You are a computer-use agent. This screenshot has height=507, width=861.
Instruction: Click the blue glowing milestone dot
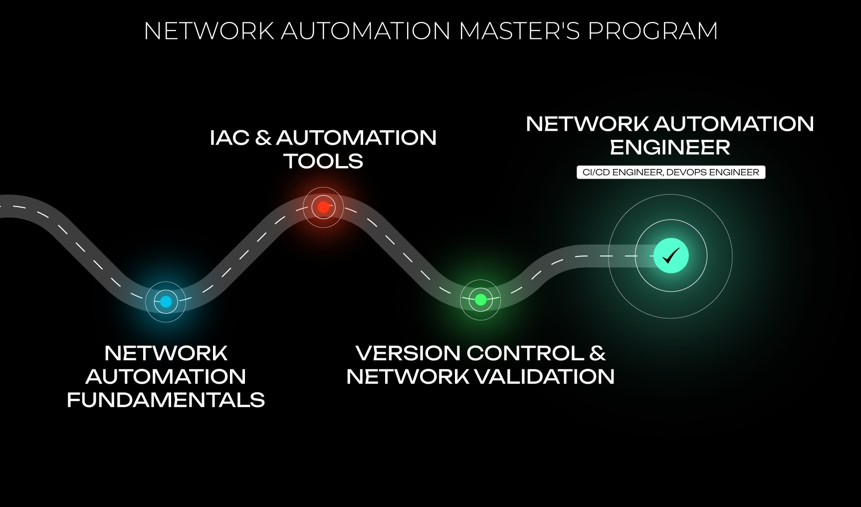tap(166, 301)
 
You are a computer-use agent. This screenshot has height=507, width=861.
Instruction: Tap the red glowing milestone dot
tap(323, 207)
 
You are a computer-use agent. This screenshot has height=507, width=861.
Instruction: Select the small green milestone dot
tap(480, 299)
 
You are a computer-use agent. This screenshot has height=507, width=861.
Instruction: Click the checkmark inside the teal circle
tap(671, 256)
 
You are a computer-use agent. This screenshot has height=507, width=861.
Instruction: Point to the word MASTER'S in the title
tap(519, 31)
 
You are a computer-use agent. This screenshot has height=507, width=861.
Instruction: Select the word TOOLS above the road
tap(323, 161)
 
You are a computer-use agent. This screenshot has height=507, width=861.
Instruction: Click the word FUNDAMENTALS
tap(166, 400)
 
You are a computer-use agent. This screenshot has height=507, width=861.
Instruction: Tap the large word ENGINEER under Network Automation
tap(670, 147)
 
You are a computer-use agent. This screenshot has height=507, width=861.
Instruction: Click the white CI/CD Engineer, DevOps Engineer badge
tap(670, 172)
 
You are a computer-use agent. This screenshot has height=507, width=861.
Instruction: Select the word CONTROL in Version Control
tap(525, 353)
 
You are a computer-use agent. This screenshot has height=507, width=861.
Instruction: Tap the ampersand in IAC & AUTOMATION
tap(263, 138)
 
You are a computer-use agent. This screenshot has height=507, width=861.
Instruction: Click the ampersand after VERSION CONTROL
tap(598, 353)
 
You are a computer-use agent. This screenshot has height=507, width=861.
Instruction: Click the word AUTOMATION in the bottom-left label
tap(166, 377)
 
